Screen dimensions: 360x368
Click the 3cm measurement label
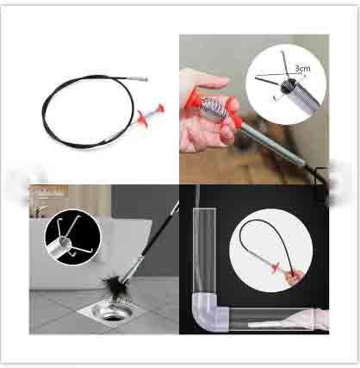pos(303,69)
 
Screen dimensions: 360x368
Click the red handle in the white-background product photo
pos(152,115)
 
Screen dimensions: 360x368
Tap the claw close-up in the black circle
pos(72,237)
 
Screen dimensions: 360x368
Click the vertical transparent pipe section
pos(204,250)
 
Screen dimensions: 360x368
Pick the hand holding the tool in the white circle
pos(294,278)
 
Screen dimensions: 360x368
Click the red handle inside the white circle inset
pos(275,268)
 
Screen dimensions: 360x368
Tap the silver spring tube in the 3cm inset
pos(299,94)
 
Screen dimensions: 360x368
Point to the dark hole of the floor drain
pos(115,317)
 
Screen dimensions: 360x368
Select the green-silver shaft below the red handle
pos(272,146)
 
